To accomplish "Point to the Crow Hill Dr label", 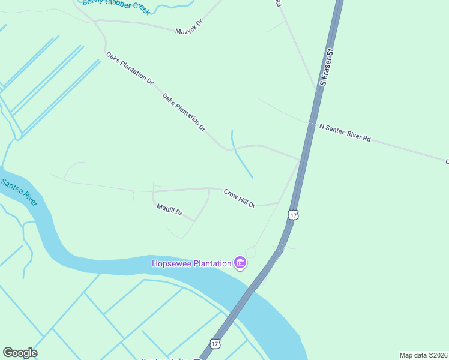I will point(240,199).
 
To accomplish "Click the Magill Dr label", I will point(169,211).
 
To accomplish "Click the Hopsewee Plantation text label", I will point(191,263).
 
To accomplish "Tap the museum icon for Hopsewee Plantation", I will point(240,263).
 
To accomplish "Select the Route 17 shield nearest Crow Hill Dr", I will point(292,214).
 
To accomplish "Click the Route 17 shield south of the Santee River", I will point(215,343).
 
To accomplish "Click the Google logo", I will point(20,353).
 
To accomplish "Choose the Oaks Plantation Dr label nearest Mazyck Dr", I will point(130,67).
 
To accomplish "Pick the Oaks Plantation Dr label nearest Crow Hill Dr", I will point(184,112).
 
